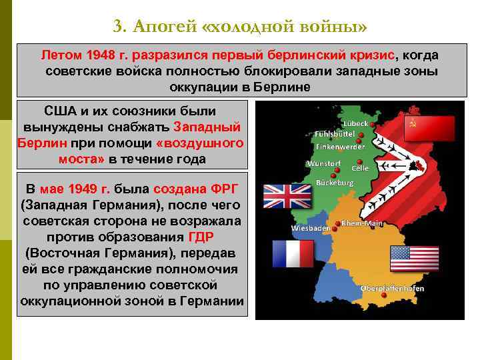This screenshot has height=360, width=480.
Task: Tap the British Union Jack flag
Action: [283, 197]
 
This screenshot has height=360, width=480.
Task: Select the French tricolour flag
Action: [293, 253]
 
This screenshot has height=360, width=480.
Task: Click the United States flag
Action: [414, 259]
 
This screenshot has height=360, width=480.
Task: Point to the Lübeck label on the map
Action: [355, 123]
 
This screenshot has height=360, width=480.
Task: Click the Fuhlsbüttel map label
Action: [335, 134]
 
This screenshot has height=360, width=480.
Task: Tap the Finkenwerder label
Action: [340, 146]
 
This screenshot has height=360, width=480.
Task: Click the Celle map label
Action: [360, 169]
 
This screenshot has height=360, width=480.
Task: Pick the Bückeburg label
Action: [334, 182]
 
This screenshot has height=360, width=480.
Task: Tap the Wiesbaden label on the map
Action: [311, 228]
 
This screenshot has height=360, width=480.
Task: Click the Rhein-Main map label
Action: [362, 223]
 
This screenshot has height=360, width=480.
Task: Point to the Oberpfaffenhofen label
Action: [393, 289]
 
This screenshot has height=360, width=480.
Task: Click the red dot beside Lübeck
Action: [361, 134]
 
